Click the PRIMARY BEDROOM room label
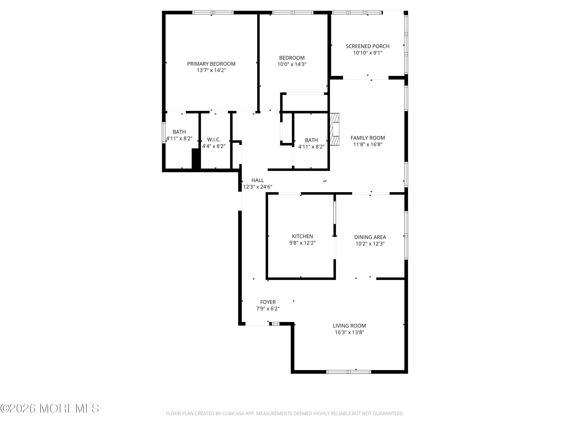coord(211,64)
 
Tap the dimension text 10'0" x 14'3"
coord(292,64)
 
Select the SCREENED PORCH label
coord(367,46)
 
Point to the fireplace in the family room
coord(334,129)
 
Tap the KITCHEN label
coord(302,236)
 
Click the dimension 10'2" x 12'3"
coord(370,243)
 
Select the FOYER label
coord(268,302)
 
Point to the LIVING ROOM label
coord(349,326)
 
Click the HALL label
coord(257,180)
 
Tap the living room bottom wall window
coord(349,372)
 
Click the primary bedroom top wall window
coord(213,12)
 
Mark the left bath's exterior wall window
coord(164,132)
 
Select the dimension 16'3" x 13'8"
coord(349,332)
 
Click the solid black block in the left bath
coord(196,159)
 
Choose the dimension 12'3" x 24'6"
coord(257,187)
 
